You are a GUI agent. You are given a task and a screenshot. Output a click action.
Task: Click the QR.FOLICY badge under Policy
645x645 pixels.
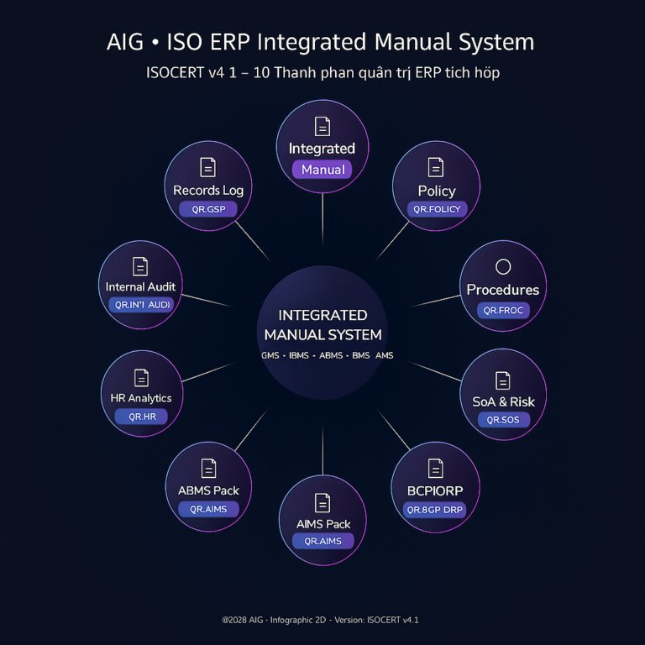tap(437, 209)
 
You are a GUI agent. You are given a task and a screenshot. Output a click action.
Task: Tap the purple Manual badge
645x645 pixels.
tap(322, 169)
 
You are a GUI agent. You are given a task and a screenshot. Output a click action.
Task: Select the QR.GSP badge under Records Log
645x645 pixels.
tap(207, 209)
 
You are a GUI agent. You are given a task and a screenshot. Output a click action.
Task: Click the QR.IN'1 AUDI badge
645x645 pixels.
tap(140, 304)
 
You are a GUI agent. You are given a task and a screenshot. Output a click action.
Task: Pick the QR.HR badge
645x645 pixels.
tap(141, 416)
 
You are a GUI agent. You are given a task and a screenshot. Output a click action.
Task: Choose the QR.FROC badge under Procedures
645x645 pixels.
tap(503, 310)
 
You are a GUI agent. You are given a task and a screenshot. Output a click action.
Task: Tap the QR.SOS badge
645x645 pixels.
tap(503, 419)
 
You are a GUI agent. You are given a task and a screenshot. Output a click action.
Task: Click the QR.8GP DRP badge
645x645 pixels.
tap(435, 509)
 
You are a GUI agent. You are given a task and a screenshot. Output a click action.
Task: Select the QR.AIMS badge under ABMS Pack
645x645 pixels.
tap(208, 509)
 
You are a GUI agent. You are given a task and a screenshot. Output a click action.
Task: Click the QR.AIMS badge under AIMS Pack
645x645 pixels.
tap(322, 541)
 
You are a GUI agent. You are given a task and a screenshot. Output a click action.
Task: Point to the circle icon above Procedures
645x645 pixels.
tap(503, 267)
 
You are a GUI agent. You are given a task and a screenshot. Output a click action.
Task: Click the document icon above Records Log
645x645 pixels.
tap(207, 167)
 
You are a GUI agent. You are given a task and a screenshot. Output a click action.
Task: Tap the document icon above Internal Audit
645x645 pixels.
tap(140, 266)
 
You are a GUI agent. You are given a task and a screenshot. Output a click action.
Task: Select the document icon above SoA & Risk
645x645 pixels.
tap(502, 380)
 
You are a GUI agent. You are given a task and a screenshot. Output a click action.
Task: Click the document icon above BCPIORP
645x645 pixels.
tap(435, 468)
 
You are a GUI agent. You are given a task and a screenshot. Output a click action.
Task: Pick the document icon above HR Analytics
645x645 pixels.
tap(141, 378)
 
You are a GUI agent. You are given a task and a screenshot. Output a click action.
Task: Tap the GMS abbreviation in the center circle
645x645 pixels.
tap(270, 355)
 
